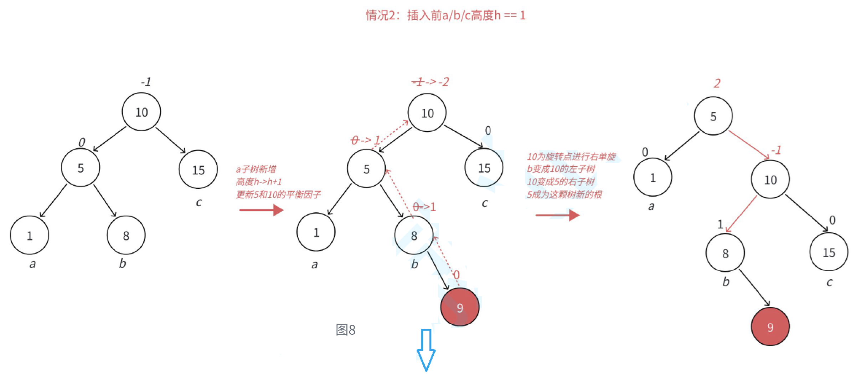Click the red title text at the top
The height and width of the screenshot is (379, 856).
(x=445, y=15)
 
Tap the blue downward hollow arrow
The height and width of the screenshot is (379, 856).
(x=426, y=350)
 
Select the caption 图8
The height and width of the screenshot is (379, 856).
(x=345, y=330)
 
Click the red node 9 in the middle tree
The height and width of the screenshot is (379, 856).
(x=460, y=307)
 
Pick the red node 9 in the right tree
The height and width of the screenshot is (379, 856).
(x=770, y=327)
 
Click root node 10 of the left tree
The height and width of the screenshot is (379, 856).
(x=141, y=112)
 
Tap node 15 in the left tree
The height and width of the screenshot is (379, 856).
(x=198, y=170)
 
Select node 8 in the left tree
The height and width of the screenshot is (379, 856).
(x=126, y=235)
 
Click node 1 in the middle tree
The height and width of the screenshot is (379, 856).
(x=316, y=232)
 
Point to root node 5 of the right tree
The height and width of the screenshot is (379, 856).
(x=713, y=116)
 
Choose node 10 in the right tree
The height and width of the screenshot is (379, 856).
(x=770, y=180)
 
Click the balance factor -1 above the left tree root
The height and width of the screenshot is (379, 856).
(x=146, y=82)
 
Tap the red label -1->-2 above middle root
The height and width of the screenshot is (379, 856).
(x=430, y=82)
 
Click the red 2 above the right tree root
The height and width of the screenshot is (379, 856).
(x=717, y=84)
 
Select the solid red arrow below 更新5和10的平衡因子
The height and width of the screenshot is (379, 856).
(x=261, y=210)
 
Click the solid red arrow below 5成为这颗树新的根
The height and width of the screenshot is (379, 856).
(x=557, y=215)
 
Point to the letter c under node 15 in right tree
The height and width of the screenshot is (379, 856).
(x=829, y=282)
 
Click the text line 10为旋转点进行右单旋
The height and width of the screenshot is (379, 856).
(x=571, y=157)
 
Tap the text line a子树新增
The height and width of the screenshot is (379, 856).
(x=256, y=169)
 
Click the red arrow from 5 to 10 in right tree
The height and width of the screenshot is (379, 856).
(x=749, y=145)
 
